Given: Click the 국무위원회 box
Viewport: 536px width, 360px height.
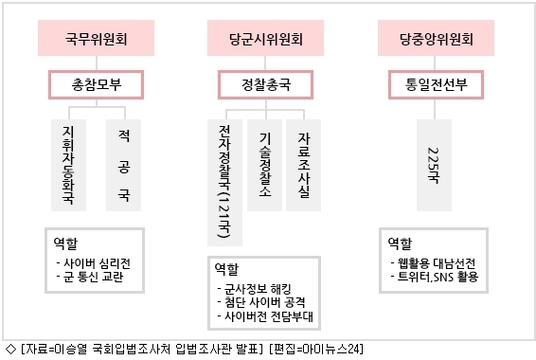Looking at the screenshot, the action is click(96, 38).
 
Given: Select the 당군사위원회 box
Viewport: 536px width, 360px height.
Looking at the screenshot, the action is click(265, 38).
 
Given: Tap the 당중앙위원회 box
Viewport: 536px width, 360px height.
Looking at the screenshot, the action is click(436, 38).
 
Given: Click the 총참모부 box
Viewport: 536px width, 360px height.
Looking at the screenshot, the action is click(96, 84).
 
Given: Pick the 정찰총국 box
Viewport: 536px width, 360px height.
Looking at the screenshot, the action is click(265, 84).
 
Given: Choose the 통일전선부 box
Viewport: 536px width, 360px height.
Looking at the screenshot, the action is click(436, 84).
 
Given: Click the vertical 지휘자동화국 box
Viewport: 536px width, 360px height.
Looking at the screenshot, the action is click(68, 165).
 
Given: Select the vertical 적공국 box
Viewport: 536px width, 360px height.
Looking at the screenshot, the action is click(123, 165).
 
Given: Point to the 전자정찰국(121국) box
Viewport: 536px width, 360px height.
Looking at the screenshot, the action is click(225, 183).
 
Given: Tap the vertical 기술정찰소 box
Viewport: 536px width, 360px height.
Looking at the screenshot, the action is click(264, 165).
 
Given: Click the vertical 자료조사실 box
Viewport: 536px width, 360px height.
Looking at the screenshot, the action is click(304, 165).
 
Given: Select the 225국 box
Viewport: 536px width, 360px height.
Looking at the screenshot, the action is click(434, 165).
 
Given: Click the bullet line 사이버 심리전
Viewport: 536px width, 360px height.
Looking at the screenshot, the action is click(94, 263).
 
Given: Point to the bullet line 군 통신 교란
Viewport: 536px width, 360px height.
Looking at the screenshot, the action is click(90, 277).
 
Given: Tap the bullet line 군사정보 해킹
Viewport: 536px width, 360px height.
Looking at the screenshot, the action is click(254, 289).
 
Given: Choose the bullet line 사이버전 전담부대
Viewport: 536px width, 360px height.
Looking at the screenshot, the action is click(265, 316).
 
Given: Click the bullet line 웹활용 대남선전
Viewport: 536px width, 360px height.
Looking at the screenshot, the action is click(433, 263).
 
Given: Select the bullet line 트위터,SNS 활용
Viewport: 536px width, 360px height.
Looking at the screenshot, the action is click(435, 277).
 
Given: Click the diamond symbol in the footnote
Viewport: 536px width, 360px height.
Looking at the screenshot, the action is click(11, 349).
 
